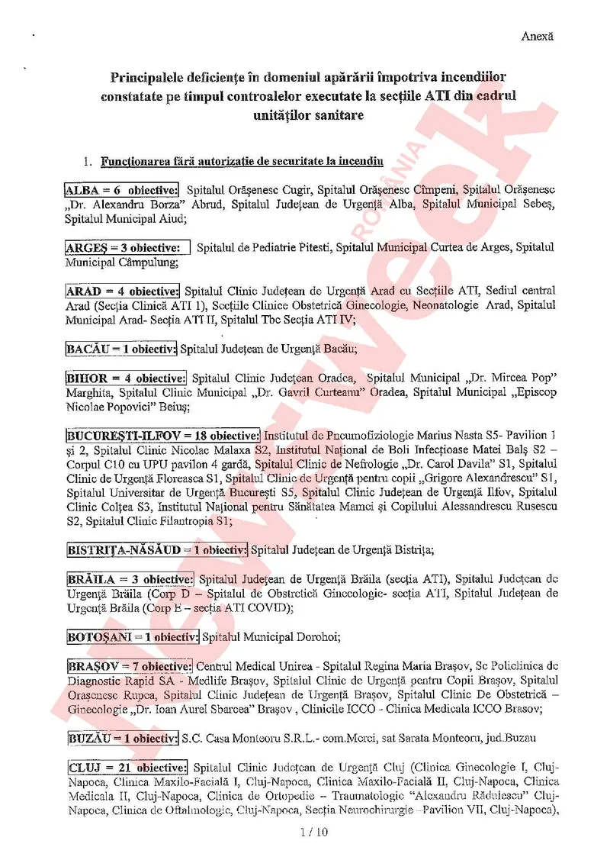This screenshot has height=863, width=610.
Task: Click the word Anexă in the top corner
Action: coord(538,36)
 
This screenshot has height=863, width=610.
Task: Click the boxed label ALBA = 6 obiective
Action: coord(122,189)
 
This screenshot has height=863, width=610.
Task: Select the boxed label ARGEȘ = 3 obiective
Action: coord(127,247)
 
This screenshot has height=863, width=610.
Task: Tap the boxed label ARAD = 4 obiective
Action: coord(122,291)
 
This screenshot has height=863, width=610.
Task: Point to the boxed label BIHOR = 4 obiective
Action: coord(126,378)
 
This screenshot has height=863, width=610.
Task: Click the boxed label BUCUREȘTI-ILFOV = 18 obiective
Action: coord(162,435)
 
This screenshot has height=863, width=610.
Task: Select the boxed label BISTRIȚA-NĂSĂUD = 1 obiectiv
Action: coord(156,549)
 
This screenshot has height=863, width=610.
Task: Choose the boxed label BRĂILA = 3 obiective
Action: coord(130,579)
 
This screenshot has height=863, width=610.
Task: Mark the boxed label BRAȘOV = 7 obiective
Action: coord(129,666)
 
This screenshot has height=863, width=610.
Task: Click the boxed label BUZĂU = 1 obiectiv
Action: coord(121,738)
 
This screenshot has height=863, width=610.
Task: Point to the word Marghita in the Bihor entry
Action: coord(88,392)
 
